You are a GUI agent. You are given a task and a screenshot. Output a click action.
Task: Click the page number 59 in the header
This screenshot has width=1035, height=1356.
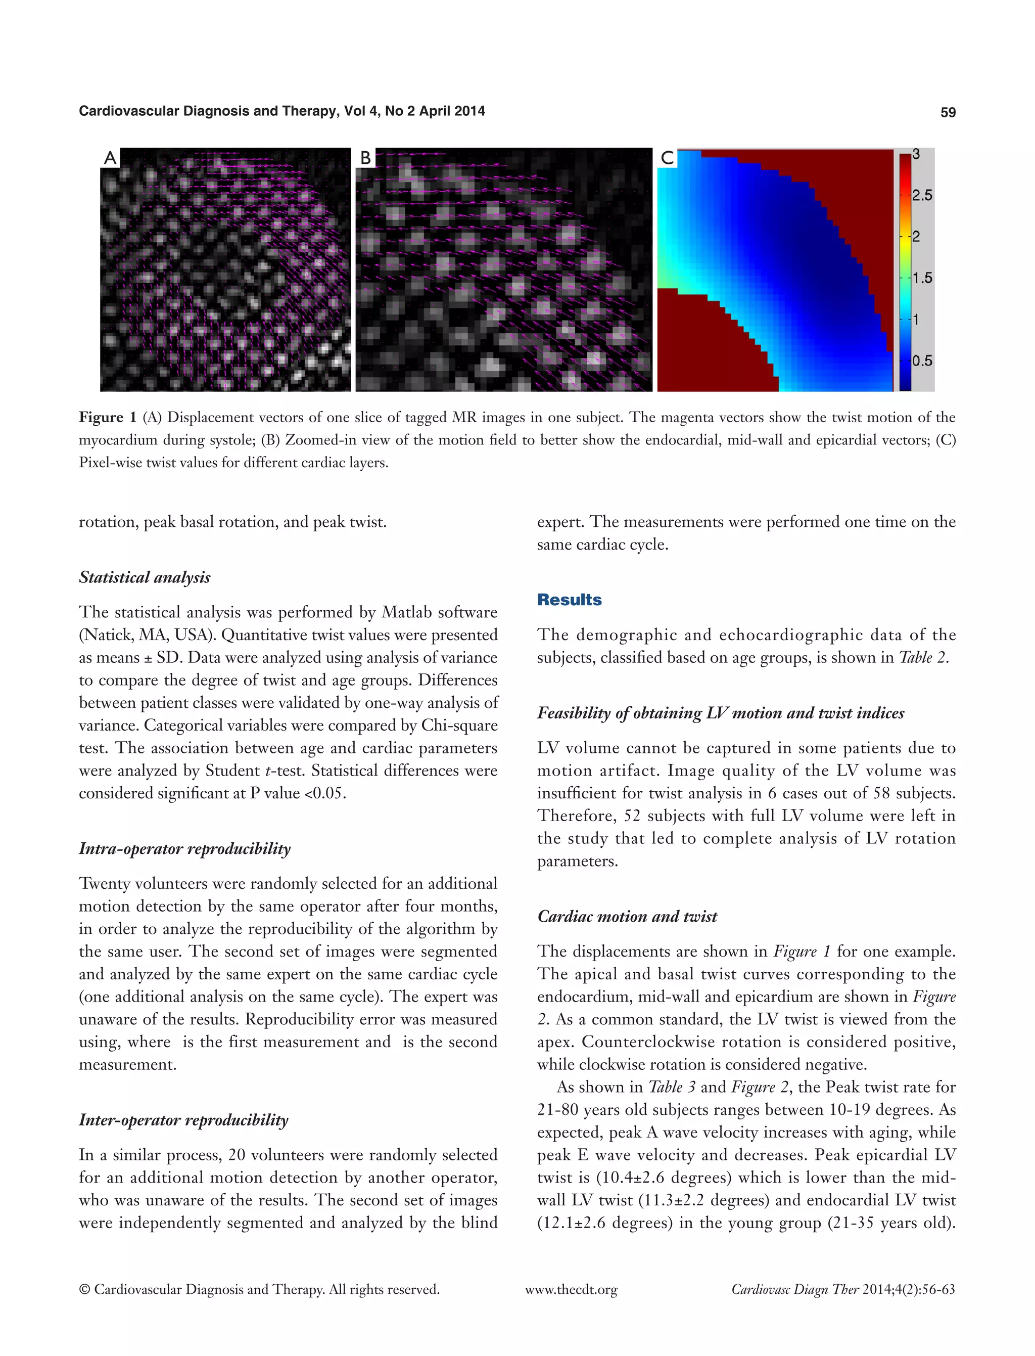coord(948,112)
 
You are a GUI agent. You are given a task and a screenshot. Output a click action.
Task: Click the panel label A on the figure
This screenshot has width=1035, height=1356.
coord(110,158)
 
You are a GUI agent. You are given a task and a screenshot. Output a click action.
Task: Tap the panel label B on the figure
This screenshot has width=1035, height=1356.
coord(365,158)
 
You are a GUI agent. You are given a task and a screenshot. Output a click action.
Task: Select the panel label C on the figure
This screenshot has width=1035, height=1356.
coord(667,158)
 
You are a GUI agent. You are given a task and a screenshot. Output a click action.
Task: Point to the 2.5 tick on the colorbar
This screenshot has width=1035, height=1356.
coord(922,195)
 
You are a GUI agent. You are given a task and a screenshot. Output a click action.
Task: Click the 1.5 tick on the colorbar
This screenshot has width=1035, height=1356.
coord(922,278)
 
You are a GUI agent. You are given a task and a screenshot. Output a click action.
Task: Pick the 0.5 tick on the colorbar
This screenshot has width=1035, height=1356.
coord(922,360)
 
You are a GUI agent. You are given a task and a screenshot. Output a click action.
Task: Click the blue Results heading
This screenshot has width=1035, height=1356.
coord(569,600)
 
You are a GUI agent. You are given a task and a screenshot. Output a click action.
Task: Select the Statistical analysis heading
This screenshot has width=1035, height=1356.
coord(145,577)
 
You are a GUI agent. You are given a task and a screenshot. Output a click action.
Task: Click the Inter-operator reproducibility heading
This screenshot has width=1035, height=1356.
coord(183,1120)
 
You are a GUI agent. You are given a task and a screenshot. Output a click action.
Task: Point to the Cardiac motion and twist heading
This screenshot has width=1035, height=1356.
coord(627,917)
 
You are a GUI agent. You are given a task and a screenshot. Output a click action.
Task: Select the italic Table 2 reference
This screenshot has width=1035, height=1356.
coord(922,658)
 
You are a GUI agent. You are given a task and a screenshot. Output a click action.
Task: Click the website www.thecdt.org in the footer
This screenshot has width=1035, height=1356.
coord(571,1289)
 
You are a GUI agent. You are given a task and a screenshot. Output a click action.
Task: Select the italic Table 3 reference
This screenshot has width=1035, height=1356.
coord(672,1087)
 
